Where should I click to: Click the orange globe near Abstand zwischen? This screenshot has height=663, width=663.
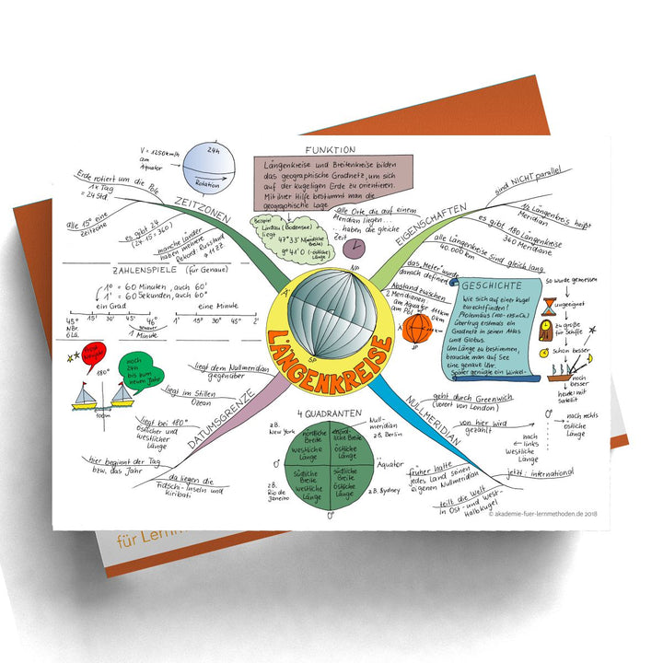pos(416,326)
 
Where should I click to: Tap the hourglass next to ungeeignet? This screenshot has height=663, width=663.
pos(550,305)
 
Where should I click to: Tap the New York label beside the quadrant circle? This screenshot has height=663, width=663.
pos(280,430)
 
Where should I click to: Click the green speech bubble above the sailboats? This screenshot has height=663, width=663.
pos(139,366)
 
